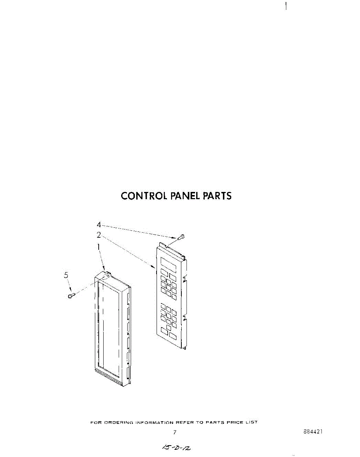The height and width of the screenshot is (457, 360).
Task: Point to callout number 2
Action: [99, 235]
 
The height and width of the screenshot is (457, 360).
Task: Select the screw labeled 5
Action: [71, 296]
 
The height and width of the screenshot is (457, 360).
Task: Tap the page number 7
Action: [174, 432]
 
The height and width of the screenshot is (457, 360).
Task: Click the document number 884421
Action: [314, 432]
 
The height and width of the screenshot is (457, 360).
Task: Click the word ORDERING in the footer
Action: [117, 422]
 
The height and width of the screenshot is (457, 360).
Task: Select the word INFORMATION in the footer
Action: [155, 422]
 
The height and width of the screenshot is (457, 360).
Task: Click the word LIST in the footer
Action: [252, 422]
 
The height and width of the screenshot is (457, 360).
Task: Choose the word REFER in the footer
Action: [184, 422]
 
